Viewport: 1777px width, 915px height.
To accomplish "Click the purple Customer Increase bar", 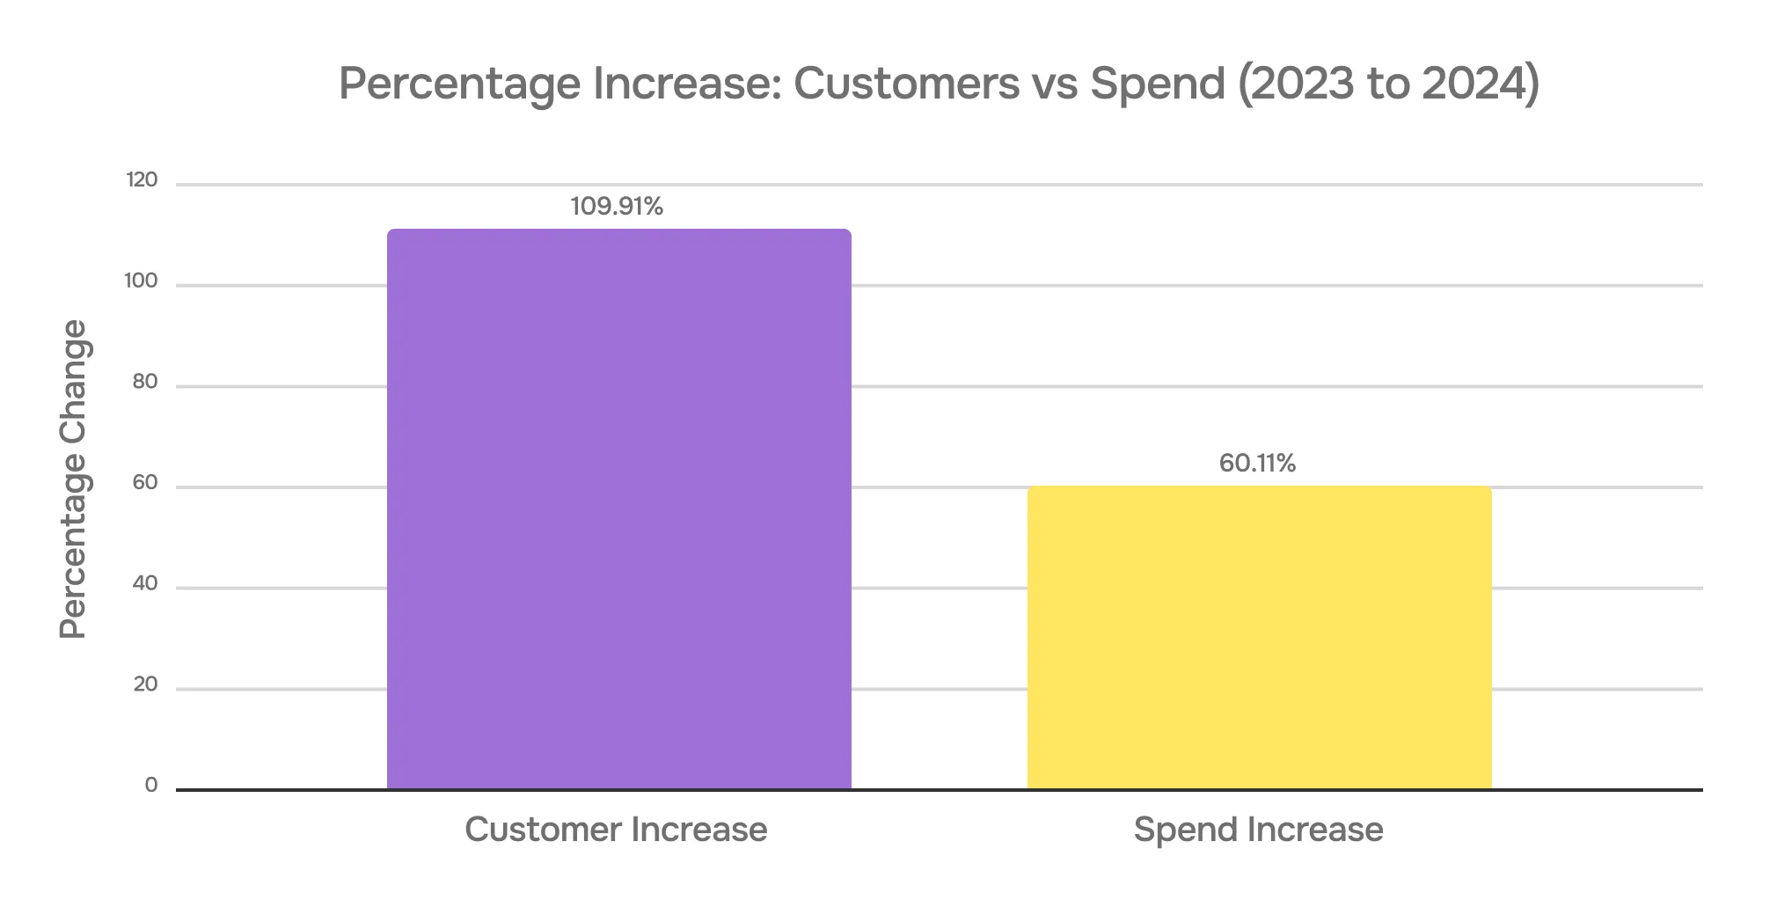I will (618, 509).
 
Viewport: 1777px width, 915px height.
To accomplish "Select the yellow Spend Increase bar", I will (1259, 638).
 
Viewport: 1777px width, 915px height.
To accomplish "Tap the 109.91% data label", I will (617, 207).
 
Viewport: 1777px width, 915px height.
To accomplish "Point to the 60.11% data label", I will (1257, 464).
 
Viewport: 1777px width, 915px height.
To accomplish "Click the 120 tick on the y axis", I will (142, 180).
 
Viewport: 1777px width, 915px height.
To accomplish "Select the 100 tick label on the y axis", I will (141, 282).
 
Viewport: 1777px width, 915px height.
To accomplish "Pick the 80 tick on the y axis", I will (145, 382).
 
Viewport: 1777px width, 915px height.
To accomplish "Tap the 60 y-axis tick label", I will (145, 483).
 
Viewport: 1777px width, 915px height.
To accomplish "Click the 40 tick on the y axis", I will (145, 583).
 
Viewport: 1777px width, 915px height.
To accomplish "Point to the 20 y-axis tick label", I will (145, 684).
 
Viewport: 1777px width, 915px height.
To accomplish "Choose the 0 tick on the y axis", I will (151, 786).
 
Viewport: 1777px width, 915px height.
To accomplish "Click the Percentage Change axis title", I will (74, 479).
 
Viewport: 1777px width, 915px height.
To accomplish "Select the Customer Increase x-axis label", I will (616, 830).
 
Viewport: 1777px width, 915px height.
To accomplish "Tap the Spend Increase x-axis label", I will (1258, 830).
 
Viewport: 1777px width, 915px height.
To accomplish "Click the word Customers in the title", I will (906, 84).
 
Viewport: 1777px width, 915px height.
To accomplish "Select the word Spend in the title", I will (1158, 84).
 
